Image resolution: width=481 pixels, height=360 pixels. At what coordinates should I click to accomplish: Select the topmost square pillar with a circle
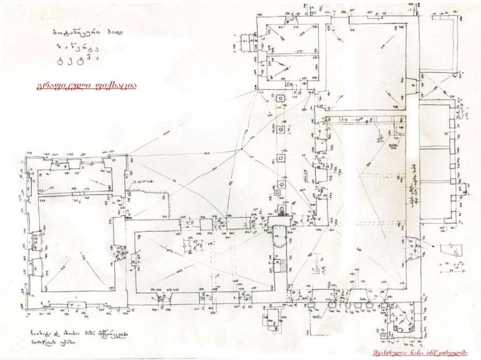click(x=280, y=100)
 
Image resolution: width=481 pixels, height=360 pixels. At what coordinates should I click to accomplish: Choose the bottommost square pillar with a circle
click(x=281, y=209)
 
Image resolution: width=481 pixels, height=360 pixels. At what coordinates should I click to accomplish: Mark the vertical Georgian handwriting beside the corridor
click(x=412, y=185)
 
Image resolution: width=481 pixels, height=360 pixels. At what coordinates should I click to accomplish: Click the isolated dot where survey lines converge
click(x=241, y=149)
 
